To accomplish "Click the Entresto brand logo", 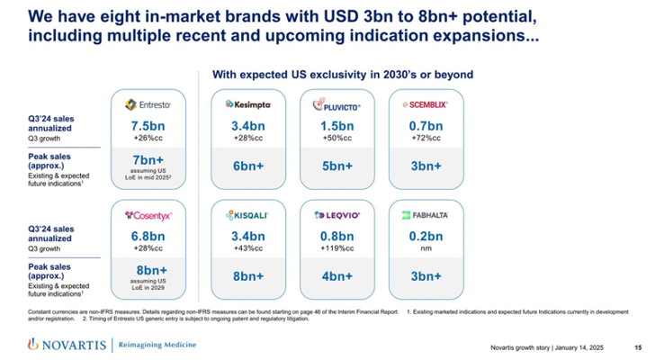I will click(147, 104).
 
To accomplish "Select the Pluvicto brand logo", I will click(337, 105).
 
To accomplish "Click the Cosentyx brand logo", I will click(147, 215).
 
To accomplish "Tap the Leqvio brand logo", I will click(337, 216).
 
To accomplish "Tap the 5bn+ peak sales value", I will click(337, 166).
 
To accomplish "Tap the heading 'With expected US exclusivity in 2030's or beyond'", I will click(341, 74).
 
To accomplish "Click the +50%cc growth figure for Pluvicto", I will click(337, 139).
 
